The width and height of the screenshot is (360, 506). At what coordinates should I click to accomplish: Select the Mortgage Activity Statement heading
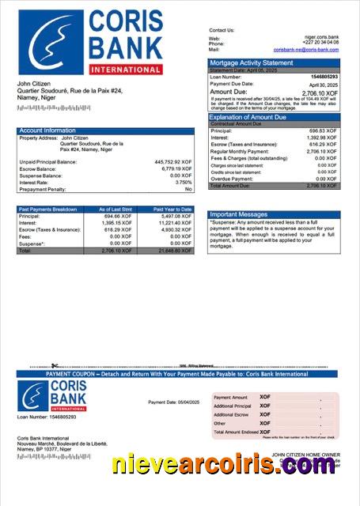click(250, 62)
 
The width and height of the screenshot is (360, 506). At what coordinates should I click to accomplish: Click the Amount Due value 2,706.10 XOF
click(318, 92)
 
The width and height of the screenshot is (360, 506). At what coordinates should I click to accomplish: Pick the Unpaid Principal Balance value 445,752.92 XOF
click(173, 161)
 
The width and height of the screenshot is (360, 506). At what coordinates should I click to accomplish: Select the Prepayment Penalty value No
click(188, 190)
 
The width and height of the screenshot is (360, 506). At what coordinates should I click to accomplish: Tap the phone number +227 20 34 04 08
click(320, 43)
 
